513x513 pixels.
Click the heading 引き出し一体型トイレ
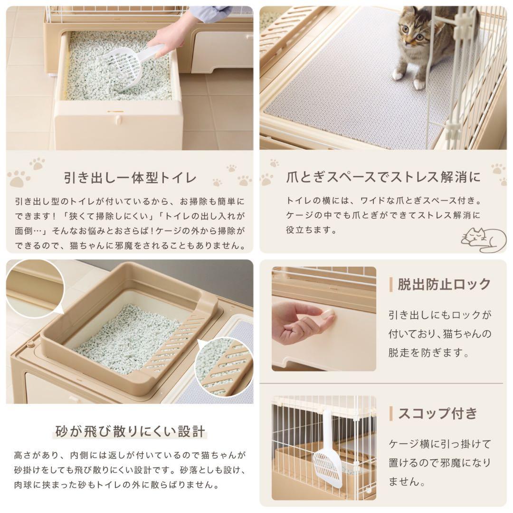130,178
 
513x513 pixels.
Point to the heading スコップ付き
437,413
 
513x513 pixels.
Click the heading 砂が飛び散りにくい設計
130,431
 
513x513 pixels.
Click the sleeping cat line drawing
484,239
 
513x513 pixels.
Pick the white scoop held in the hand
128,64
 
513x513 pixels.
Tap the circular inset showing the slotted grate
224,367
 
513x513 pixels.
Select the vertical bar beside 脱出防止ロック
390,285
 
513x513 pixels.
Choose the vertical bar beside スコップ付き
390,413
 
